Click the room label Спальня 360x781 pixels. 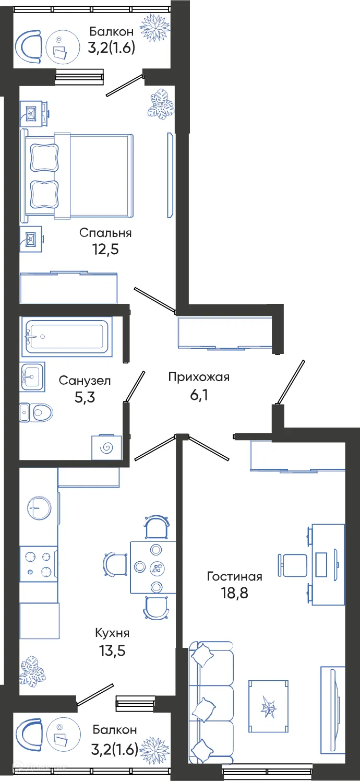105,233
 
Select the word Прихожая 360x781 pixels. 199,377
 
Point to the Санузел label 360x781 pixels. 85,381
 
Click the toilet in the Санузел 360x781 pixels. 37,413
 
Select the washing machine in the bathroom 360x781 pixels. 106,447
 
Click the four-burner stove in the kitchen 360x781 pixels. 38,564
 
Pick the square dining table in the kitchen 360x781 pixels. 153,567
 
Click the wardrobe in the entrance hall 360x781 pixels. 224,332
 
